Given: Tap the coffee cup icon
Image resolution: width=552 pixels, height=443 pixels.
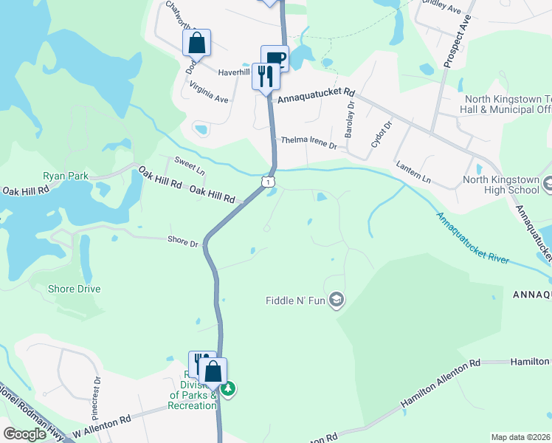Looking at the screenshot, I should (275, 58).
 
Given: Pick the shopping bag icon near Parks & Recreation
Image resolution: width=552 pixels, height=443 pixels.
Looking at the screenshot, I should (213, 371).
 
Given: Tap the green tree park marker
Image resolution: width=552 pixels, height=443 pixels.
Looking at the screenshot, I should (229, 388).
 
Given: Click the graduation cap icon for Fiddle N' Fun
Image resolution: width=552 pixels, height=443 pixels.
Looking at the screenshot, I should (337, 301).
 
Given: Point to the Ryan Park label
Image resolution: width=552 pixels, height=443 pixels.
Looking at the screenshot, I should (66, 176).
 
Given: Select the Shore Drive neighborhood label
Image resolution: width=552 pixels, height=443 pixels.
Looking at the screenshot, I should (74, 289).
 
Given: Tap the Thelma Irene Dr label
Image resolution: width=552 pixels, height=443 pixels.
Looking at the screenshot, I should (308, 142).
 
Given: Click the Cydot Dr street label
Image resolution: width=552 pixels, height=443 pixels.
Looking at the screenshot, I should (382, 134).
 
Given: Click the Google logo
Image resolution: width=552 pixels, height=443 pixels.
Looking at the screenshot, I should (25, 434).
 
